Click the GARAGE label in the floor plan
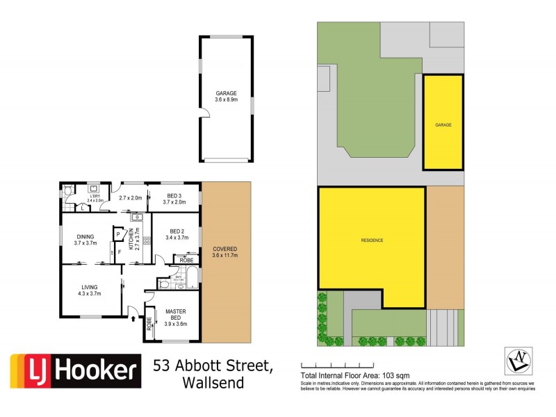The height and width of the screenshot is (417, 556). coord(226,93)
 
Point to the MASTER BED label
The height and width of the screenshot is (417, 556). coord(174,315)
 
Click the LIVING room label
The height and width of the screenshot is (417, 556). coord(90,287)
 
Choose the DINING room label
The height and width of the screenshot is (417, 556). coord(85,236)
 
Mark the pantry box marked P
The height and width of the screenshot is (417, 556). coord(117,234)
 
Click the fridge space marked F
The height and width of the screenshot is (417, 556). coord(119,252)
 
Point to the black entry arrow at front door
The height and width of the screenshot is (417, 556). coord(133,320)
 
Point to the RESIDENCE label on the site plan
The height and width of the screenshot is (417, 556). coord(372,240)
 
